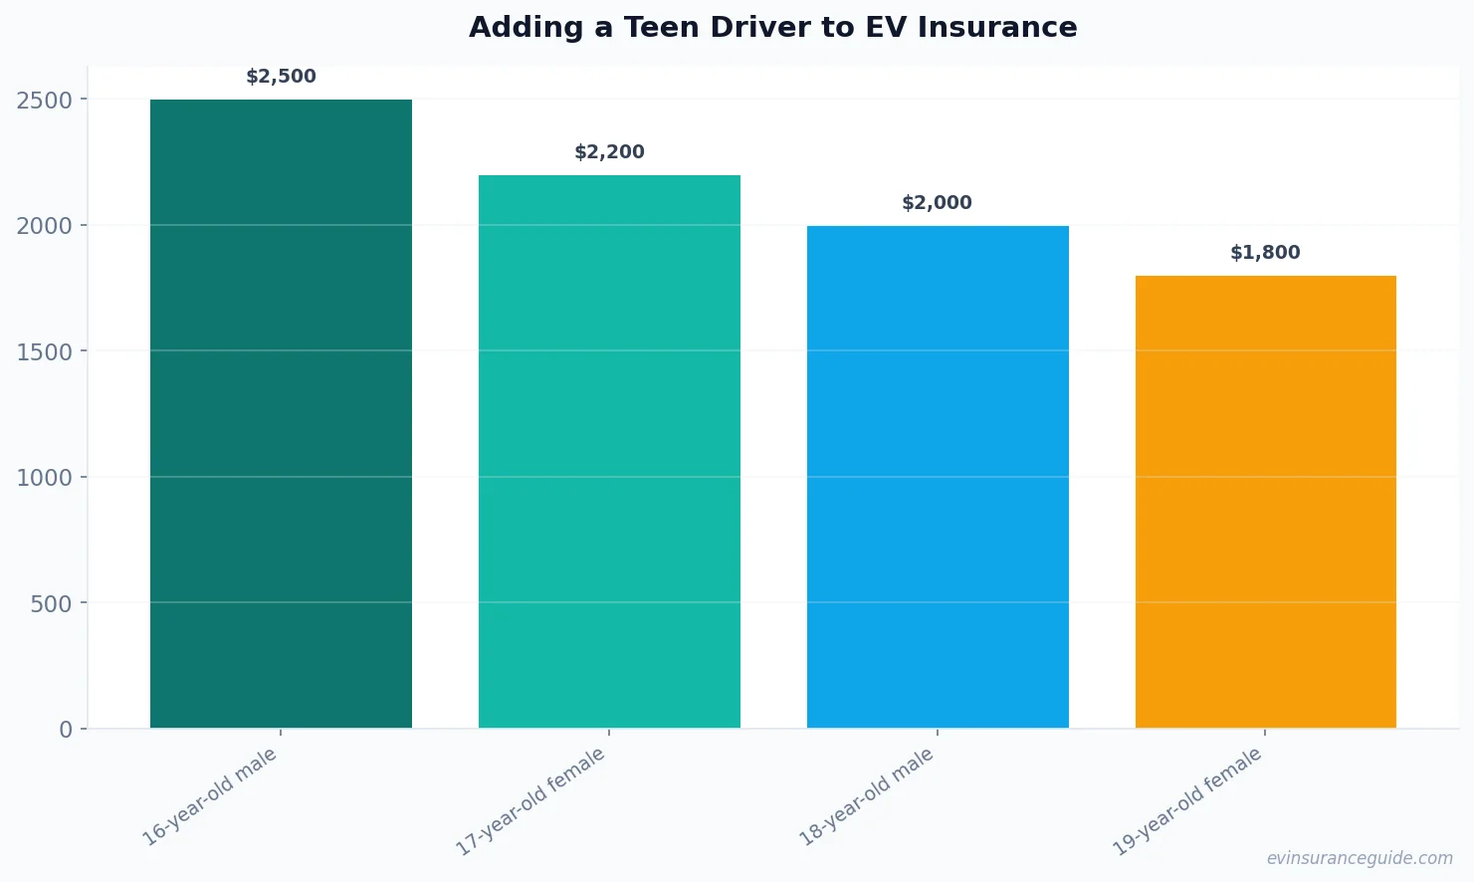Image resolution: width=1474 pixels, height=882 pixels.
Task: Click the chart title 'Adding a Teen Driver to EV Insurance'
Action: tap(772, 27)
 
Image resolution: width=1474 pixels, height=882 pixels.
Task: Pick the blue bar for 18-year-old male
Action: tap(938, 477)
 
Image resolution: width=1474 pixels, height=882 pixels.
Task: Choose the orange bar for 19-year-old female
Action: tap(1265, 502)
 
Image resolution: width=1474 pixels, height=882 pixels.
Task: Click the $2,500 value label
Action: tap(281, 77)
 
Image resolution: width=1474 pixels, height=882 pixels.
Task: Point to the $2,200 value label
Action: tap(609, 152)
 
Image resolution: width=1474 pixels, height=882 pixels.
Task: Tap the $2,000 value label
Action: tap(937, 203)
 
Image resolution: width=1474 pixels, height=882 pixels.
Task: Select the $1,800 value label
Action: tap(1265, 253)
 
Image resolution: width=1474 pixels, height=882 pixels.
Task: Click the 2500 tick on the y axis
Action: tap(45, 100)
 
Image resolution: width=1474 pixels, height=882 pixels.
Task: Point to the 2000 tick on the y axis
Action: tap(45, 226)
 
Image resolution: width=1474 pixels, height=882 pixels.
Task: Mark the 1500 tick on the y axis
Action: tap(45, 351)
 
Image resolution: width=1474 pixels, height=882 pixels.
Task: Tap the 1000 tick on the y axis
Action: tap(45, 478)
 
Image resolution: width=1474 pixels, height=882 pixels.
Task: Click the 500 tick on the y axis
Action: tap(52, 603)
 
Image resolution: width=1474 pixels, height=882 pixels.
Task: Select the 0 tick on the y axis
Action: tap(66, 730)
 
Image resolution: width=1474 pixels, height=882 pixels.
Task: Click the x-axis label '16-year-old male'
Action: tap(210, 797)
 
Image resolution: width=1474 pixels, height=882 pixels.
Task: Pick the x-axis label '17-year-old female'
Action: tap(530, 802)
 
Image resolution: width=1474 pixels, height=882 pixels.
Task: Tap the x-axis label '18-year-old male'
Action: tap(867, 797)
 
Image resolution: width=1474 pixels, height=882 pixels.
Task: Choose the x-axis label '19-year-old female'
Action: tap(1187, 802)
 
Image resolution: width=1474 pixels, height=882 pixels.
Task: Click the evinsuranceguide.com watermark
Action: tap(1359, 858)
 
